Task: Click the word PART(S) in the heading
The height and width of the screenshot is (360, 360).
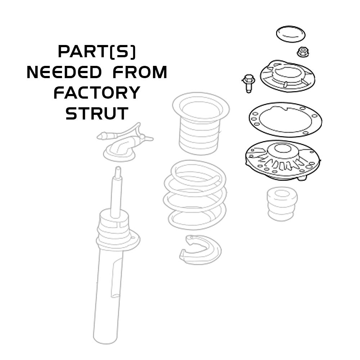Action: point(97,52)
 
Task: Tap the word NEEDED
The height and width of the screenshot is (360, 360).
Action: point(64,72)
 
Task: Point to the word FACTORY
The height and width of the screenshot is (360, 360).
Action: point(97,93)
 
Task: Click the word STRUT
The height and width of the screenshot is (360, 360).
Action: point(97,113)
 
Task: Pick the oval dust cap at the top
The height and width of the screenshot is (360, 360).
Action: point(291,34)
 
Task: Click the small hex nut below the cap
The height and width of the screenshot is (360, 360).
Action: point(303,52)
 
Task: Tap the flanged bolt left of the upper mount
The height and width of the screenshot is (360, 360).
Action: point(248,83)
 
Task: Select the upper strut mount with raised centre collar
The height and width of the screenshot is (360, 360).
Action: point(288,76)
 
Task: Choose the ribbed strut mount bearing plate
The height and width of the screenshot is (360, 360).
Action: point(283,160)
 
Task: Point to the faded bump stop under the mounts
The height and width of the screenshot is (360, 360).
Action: point(282,204)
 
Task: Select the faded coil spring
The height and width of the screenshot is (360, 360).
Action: point(195,195)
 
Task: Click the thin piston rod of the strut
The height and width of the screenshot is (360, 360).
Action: point(116,192)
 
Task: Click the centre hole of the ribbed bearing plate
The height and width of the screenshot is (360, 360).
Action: point(281,149)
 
